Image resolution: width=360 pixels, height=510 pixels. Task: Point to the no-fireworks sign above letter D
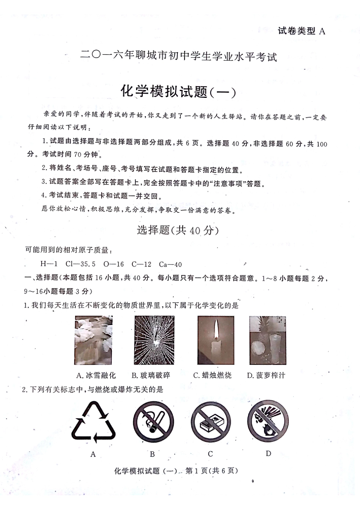point(268,421)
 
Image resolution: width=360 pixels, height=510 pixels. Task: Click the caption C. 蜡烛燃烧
point(212,375)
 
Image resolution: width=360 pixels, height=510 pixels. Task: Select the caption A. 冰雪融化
point(96,375)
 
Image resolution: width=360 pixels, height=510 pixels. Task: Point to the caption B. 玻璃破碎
point(151,375)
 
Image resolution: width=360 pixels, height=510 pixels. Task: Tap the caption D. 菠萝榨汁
point(266,375)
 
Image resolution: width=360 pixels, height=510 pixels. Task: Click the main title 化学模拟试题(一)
point(178,91)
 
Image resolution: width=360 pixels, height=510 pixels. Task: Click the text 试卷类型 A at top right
point(301,31)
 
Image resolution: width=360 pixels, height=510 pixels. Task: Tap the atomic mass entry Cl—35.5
point(80,264)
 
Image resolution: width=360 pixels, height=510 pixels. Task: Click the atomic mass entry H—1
point(49,264)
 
